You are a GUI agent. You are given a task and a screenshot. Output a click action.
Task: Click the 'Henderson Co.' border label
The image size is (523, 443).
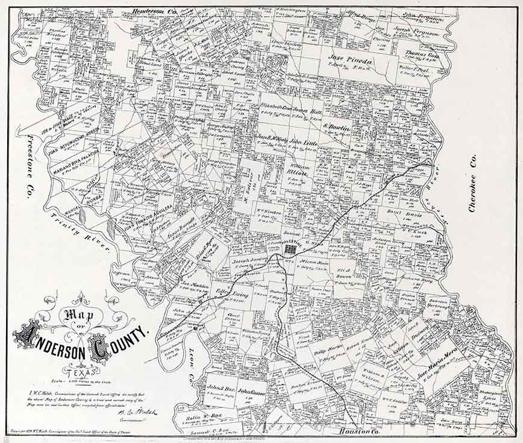coord(154,10)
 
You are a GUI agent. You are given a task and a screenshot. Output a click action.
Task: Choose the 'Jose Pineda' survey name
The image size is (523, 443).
coord(351,60)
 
